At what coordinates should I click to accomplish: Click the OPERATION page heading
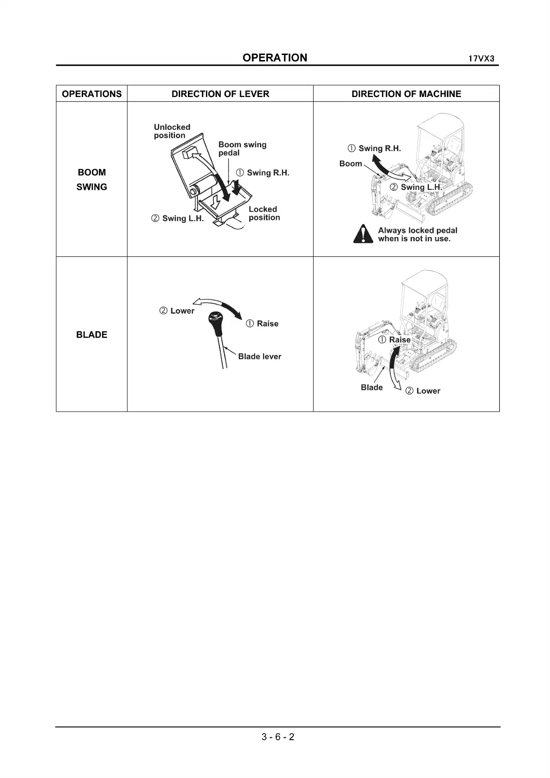pyautogui.click(x=274, y=58)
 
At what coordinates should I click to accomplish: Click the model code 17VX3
pyautogui.click(x=482, y=59)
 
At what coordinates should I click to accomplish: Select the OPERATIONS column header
pyautogui.click(x=91, y=94)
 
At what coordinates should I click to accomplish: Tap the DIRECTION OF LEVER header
pyautogui.click(x=220, y=94)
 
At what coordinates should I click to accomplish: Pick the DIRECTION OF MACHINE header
pyautogui.click(x=406, y=94)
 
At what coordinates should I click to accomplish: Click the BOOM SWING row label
pyautogui.click(x=91, y=179)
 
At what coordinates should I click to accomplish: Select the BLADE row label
pyautogui.click(x=91, y=334)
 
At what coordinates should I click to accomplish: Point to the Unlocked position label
pyautogui.click(x=172, y=131)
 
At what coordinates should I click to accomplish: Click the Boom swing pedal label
pyautogui.click(x=242, y=148)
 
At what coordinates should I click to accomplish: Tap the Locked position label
pyautogui.click(x=264, y=213)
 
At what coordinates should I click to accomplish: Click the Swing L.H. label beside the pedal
pyautogui.click(x=178, y=219)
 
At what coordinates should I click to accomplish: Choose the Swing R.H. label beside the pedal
pyautogui.click(x=263, y=173)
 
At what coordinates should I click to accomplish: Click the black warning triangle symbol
pyautogui.click(x=363, y=234)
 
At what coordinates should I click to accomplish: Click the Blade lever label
pyautogui.click(x=259, y=357)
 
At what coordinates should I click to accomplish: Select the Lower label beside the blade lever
pyautogui.click(x=177, y=311)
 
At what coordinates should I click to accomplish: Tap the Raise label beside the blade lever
pyautogui.click(x=262, y=323)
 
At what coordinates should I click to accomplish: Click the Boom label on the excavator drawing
pyautogui.click(x=351, y=164)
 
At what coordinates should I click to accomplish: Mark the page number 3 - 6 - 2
pyautogui.click(x=278, y=737)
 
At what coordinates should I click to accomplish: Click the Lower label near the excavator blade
pyautogui.click(x=423, y=391)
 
